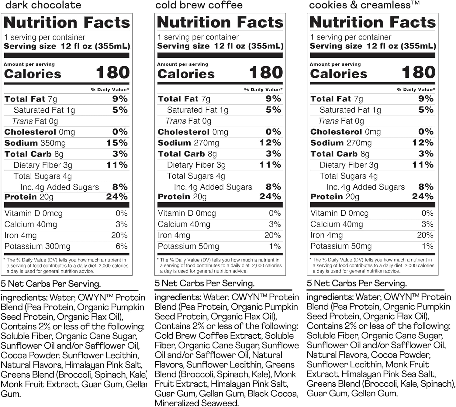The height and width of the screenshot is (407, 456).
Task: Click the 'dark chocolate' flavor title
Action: [x=43, y=5]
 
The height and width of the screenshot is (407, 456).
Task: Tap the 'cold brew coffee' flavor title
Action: [x=199, y=5]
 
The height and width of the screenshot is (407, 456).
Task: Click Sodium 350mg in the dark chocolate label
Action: [x=35, y=143]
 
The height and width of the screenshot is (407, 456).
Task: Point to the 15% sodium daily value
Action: [x=117, y=143]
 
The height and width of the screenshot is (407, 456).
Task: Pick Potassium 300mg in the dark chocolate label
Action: [x=37, y=246]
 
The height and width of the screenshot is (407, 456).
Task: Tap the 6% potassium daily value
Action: [x=122, y=246]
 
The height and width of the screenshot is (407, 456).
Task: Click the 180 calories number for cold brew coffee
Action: [x=266, y=73]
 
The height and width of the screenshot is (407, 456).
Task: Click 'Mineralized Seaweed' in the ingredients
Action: [x=196, y=403]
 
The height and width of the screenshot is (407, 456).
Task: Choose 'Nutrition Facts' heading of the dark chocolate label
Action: [x=67, y=22]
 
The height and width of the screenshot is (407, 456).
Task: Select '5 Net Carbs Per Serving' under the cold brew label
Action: [x=205, y=283]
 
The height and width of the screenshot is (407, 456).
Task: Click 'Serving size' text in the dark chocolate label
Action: [x=30, y=46]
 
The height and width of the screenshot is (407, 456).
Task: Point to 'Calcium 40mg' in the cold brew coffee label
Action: [x=184, y=224]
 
